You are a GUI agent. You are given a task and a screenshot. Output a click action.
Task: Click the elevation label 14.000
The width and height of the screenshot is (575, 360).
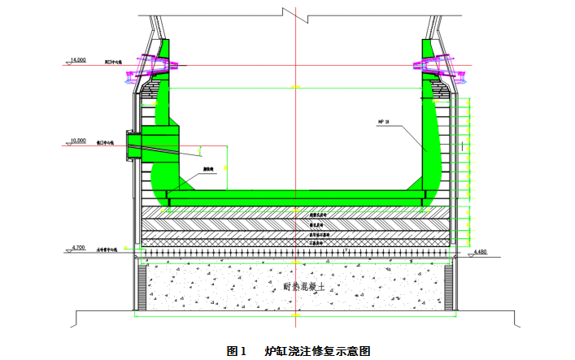78,59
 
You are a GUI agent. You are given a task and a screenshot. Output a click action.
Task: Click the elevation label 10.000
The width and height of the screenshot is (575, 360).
78,140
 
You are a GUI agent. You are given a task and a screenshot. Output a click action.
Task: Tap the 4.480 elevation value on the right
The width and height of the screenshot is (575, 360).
480,252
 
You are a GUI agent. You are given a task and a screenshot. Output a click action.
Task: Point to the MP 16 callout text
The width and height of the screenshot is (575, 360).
385,122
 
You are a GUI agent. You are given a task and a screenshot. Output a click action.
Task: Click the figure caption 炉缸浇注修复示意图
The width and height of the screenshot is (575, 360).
318,351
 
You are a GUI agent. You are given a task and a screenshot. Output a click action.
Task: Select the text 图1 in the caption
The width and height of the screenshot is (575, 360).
237,351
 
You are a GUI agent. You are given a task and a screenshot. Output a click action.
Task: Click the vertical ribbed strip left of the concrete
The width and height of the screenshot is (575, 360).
141,288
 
